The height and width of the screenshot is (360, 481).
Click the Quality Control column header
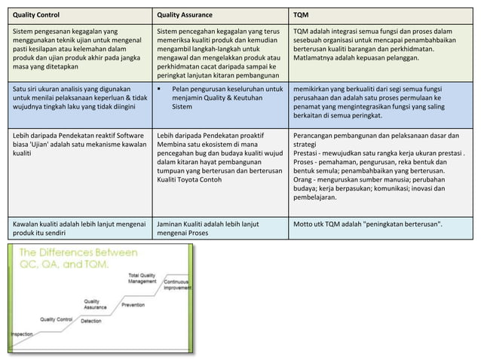(x=36, y=14)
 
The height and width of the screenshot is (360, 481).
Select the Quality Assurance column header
(x=185, y=14)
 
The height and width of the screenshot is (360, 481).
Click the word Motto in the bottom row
(x=305, y=224)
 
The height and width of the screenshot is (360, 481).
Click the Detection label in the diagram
(x=90, y=322)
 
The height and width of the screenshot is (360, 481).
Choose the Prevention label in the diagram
(x=133, y=305)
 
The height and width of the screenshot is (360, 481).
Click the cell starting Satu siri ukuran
(x=75, y=99)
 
